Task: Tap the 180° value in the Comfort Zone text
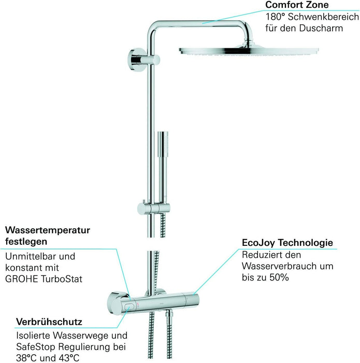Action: (275, 16)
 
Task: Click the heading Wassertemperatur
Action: (47, 230)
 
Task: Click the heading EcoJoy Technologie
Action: (287, 243)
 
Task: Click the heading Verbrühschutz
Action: (49, 322)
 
